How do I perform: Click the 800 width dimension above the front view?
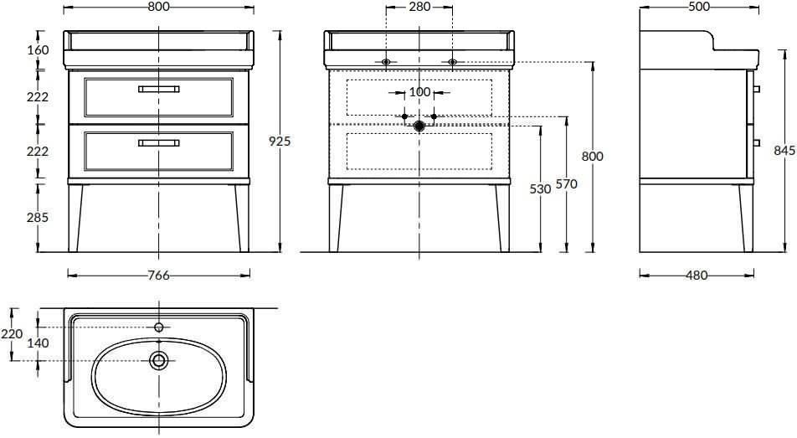point(159,7)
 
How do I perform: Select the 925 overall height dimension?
point(280,141)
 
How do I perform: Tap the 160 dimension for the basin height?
point(39,50)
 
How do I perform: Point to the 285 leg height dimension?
point(38,217)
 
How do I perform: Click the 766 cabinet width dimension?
point(158,276)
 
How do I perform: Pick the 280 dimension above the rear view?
point(419,7)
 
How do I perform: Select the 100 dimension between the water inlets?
point(419,92)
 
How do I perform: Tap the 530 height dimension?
point(540,188)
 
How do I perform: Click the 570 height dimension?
point(566,183)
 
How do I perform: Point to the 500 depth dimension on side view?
point(699,7)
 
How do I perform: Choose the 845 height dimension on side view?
point(784,150)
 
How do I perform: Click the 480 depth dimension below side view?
point(697,276)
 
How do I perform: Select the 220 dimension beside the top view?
point(11,333)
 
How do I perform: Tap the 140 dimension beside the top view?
point(39,343)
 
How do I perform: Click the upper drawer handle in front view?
point(158,89)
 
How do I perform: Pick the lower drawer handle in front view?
point(158,143)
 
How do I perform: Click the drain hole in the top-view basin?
point(159,361)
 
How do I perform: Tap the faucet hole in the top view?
point(159,327)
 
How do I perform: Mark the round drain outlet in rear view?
point(419,126)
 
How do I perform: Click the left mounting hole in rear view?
point(386,62)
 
